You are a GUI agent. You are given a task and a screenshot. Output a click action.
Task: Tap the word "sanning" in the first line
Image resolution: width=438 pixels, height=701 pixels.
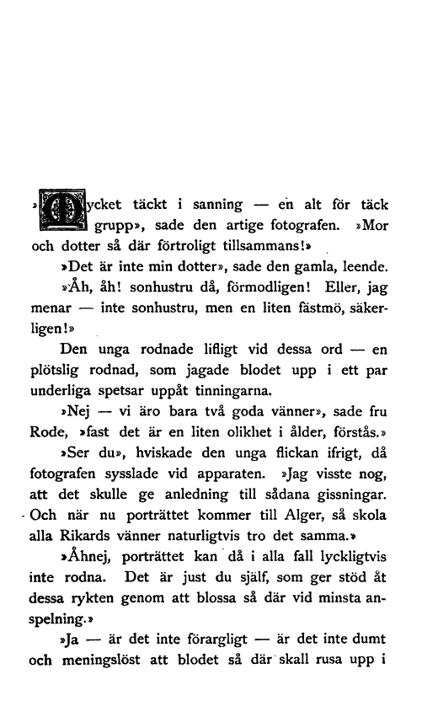pyautogui.click(x=217, y=204)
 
